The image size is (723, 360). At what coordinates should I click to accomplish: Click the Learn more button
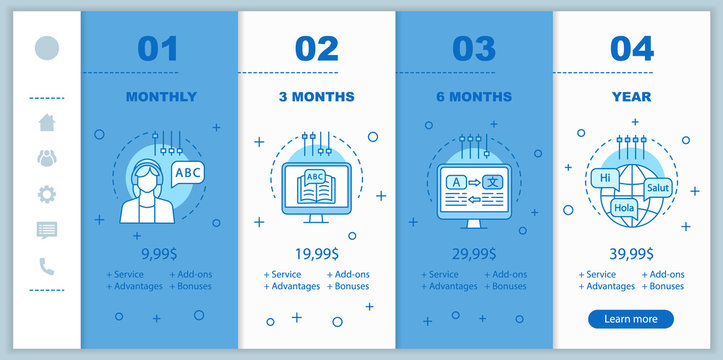(x=631, y=319)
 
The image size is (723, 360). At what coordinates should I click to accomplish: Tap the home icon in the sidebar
(x=47, y=123)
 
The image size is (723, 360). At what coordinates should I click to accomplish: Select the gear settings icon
(x=47, y=194)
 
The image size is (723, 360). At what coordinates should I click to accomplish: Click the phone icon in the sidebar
(x=47, y=266)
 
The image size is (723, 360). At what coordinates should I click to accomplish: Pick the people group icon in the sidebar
(x=47, y=158)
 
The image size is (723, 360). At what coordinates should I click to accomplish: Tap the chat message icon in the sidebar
(x=47, y=230)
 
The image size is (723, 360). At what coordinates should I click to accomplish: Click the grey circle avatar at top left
(x=47, y=47)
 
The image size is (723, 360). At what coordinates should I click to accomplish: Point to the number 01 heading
(x=158, y=48)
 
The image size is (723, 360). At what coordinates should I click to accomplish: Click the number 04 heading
(x=631, y=48)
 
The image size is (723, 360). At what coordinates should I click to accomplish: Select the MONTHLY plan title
(x=161, y=97)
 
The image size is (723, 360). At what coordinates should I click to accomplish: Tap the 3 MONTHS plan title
(x=316, y=97)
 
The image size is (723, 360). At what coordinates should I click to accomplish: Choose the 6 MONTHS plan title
(x=474, y=97)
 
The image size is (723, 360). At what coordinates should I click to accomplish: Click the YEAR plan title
(x=631, y=97)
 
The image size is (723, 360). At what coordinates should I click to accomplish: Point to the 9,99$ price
(x=160, y=253)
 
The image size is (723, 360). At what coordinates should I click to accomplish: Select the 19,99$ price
(x=316, y=253)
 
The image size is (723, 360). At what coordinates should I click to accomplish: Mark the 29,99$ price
(x=474, y=253)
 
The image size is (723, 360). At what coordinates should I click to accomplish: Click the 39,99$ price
(x=631, y=253)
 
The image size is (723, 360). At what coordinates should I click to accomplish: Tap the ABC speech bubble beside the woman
(x=188, y=173)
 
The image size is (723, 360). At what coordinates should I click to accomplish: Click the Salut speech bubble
(x=658, y=187)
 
